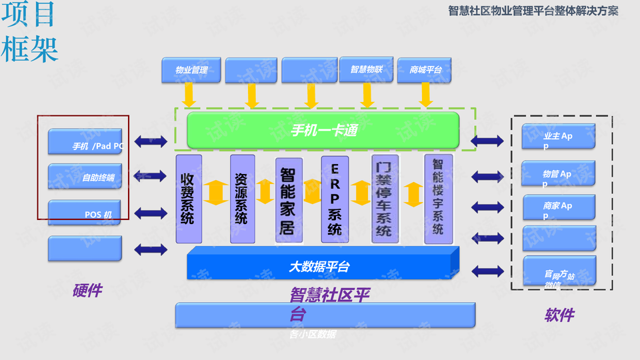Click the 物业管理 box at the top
191,70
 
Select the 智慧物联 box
366,70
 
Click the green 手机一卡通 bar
323,130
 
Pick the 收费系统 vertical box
188,199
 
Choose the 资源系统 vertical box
242,199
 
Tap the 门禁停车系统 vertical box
385,199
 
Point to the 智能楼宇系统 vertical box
438,198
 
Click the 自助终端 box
85,177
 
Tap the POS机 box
85,213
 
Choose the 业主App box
559,137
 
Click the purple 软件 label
559,315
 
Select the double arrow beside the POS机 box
150,213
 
